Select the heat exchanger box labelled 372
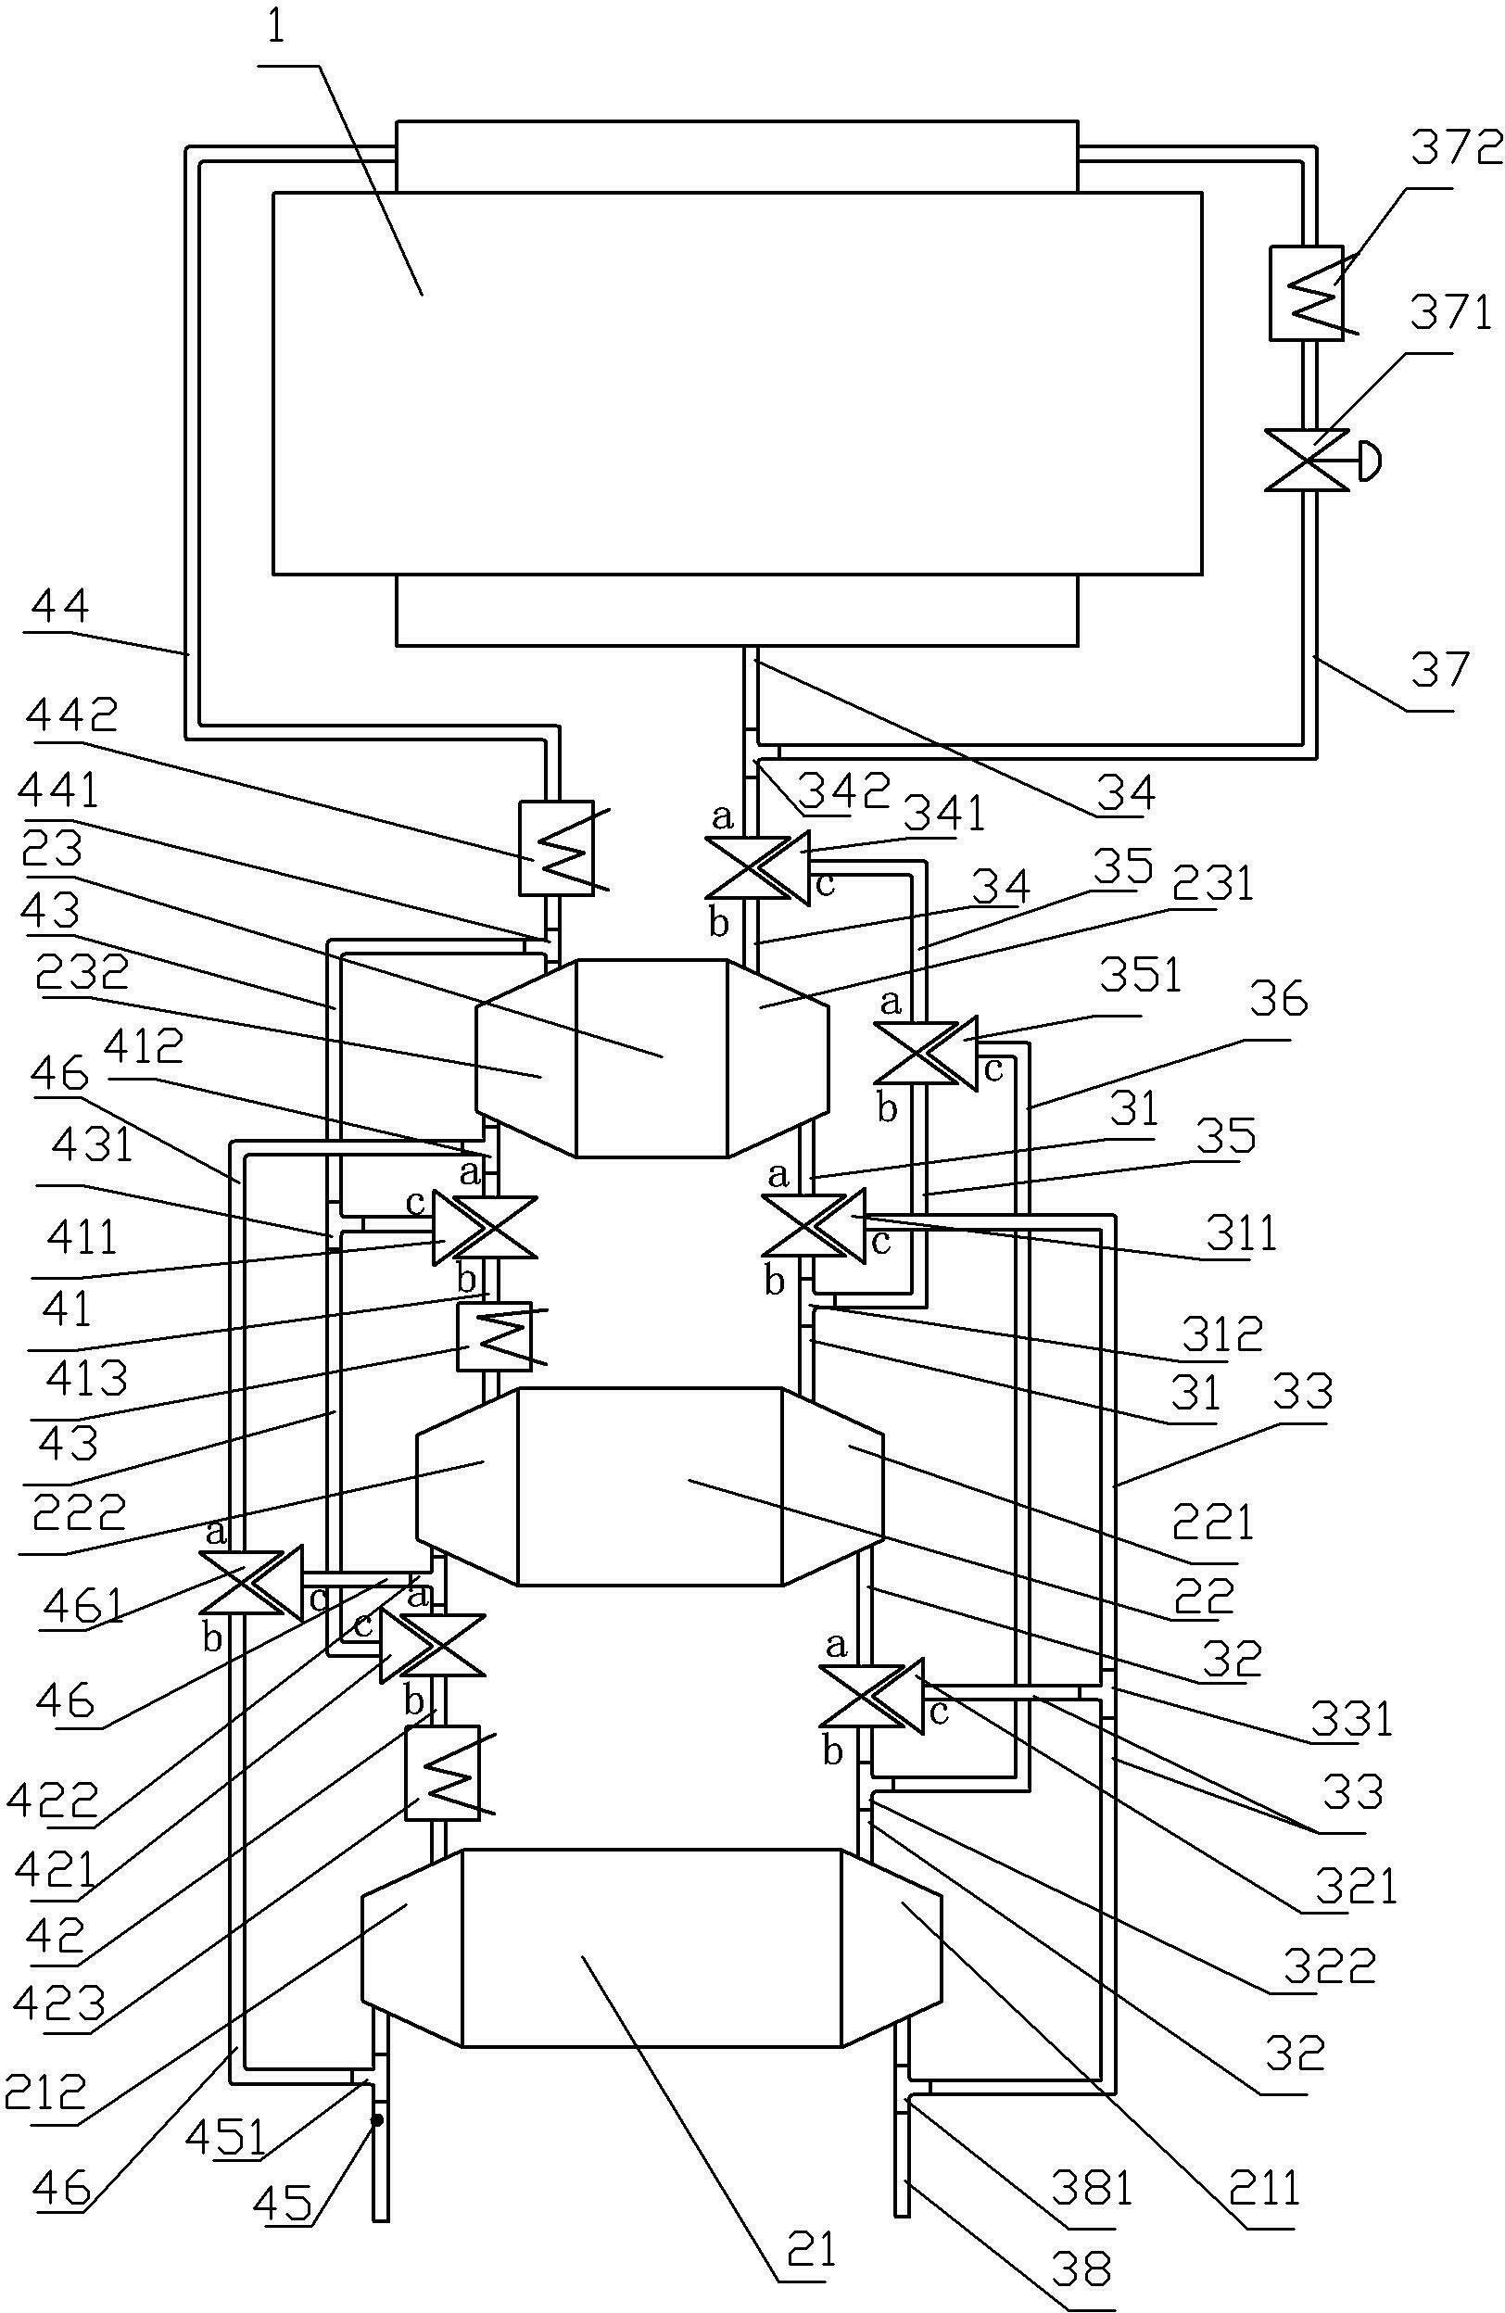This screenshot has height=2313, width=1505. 1307,293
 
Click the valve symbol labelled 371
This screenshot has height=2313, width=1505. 1308,460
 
